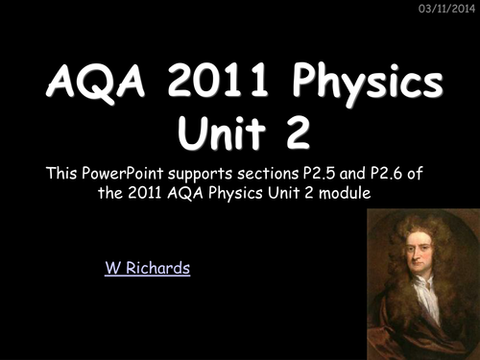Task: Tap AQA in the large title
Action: pyautogui.click(x=82, y=85)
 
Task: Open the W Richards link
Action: pyautogui.click(x=147, y=268)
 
